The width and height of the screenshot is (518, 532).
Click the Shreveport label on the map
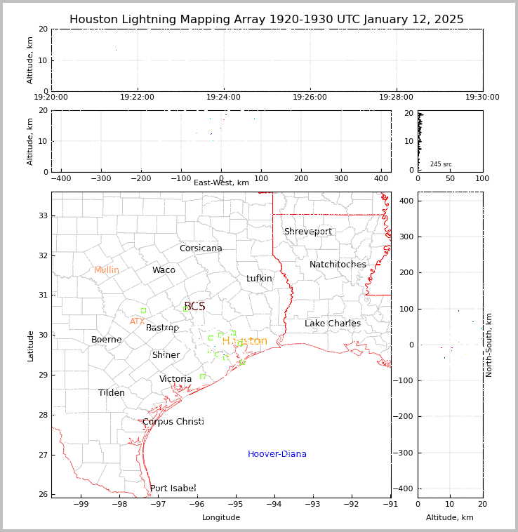307,232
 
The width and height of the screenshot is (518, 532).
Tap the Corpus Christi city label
173,422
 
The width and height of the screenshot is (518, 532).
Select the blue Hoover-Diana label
277,454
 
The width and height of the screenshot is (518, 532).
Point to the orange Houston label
244,341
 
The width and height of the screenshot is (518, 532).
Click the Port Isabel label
173,488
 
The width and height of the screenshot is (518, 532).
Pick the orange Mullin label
107,270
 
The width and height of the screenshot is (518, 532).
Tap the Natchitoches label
338,265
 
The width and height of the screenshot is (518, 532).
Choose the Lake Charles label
333,324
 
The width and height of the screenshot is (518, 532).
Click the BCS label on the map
194,307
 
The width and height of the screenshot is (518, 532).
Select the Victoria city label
175,379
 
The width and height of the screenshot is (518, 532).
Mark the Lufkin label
259,279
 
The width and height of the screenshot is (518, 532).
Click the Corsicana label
201,248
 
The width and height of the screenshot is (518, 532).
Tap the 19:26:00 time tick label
310,98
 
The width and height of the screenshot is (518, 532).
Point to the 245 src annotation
441,164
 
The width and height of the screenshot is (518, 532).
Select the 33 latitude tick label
44,215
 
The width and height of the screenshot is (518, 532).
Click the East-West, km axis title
221,183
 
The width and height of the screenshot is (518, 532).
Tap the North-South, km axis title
489,345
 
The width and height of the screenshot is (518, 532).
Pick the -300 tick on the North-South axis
404,453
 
